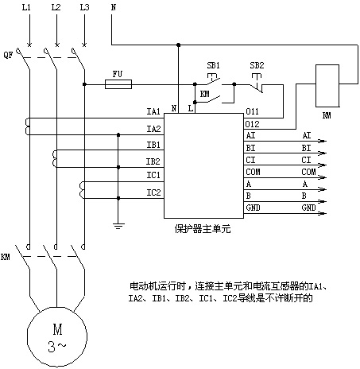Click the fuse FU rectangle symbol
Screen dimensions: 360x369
(118, 84)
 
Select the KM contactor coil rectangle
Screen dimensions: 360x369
(327, 86)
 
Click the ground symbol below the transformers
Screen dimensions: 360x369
(118, 226)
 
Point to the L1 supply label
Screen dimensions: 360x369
(26, 7)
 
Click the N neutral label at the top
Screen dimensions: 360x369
(114, 7)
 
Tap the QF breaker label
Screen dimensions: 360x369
(8, 55)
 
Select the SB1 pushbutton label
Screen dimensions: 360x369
(213, 65)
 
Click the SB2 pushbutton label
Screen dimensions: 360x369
(257, 65)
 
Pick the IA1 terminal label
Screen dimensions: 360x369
(153, 111)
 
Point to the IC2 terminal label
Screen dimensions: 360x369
(153, 192)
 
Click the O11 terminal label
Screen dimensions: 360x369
(253, 111)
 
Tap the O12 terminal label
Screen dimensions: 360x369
(253, 124)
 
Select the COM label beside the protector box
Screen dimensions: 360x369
(253, 172)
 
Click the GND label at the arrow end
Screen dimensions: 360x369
(308, 208)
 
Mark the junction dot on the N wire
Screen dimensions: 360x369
(178, 45)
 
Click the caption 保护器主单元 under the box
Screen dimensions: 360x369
(203, 229)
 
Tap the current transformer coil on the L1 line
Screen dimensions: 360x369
(27, 126)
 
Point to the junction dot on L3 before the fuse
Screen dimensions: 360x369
(84, 84)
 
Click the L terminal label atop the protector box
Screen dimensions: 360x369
(191, 108)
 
